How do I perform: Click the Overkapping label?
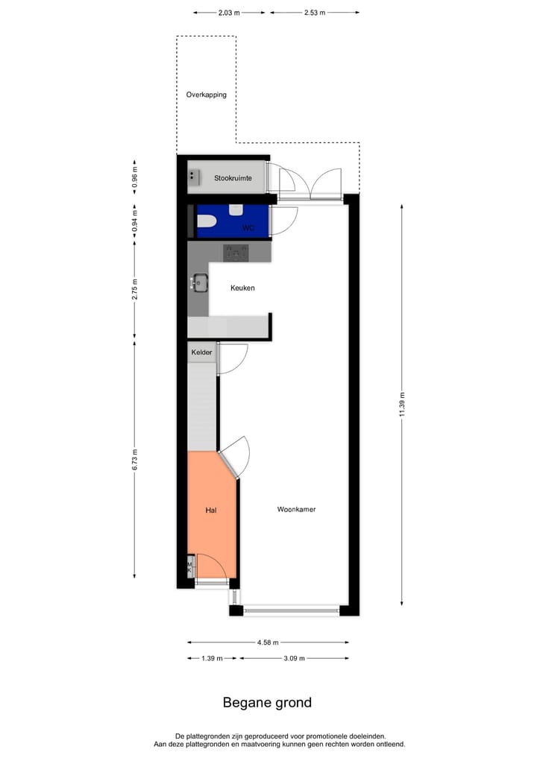pos(207,95)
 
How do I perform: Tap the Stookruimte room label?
pos(233,178)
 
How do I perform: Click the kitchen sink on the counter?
pos(199,282)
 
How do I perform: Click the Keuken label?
pos(242,288)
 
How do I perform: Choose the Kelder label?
pos(201,352)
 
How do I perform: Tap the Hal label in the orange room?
pos(211,511)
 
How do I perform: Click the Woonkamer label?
pos(296,510)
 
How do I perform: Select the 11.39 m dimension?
pos(402,405)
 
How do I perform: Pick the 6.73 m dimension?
pos(135,459)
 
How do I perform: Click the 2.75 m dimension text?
pos(135,288)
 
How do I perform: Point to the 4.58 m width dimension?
pos(268,642)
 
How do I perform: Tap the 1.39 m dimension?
pos(212,659)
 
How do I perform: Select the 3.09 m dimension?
pos(292,659)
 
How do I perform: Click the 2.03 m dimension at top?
pos(230,13)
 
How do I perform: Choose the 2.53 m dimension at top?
pos(314,13)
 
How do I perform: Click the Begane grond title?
pos(267,702)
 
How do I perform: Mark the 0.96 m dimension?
pos(135,178)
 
